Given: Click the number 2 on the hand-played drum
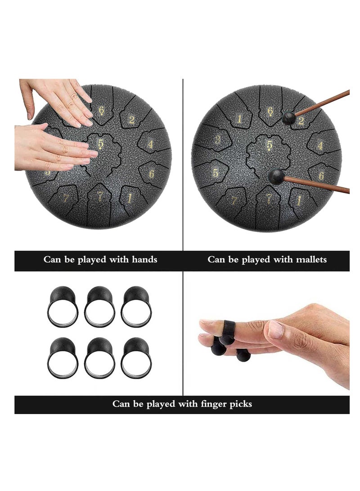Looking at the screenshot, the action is coord(132,120).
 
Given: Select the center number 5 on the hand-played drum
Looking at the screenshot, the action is coord(101,144).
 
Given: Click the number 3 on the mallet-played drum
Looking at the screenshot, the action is coord(218,140).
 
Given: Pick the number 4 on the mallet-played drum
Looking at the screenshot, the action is coord(320,146).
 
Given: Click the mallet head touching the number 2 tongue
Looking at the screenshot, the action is coord(289,117).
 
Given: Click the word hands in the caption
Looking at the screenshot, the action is coord(144,259).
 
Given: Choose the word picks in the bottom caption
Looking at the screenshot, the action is coord(241,404).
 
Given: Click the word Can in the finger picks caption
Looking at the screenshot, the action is coord(119,404).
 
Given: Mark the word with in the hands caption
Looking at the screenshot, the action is coord(119,259).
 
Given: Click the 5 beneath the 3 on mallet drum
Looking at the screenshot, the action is coord(216,172).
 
